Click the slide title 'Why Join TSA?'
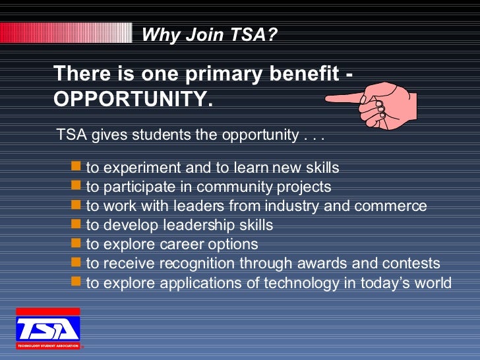click(x=210, y=34)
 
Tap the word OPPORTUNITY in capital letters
click(x=132, y=99)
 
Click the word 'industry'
click(x=288, y=206)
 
